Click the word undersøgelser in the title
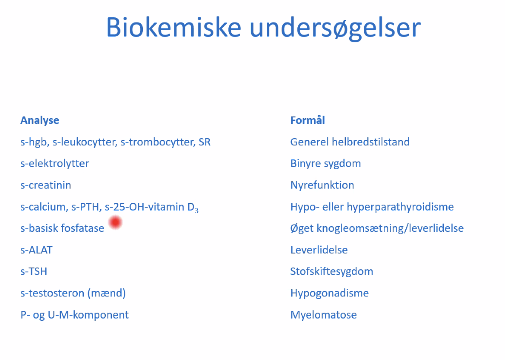pyautogui.click(x=335, y=29)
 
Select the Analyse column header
pyautogui.click(x=40, y=121)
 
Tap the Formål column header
pyautogui.click(x=308, y=120)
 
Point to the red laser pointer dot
pyautogui.click(x=115, y=222)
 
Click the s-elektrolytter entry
pyautogui.click(x=55, y=164)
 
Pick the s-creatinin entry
pyautogui.click(x=46, y=185)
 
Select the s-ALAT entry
pyautogui.click(x=36, y=250)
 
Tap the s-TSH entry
pyautogui.click(x=34, y=272)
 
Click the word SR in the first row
pyautogui.click(x=205, y=142)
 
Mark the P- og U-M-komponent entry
pyautogui.click(x=75, y=315)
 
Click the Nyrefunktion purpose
pyautogui.click(x=322, y=185)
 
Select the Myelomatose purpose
pyautogui.click(x=324, y=315)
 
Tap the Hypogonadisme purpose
pyautogui.click(x=329, y=294)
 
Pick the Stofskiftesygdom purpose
pyautogui.click(x=332, y=272)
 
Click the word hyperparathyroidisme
pyautogui.click(x=400, y=207)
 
